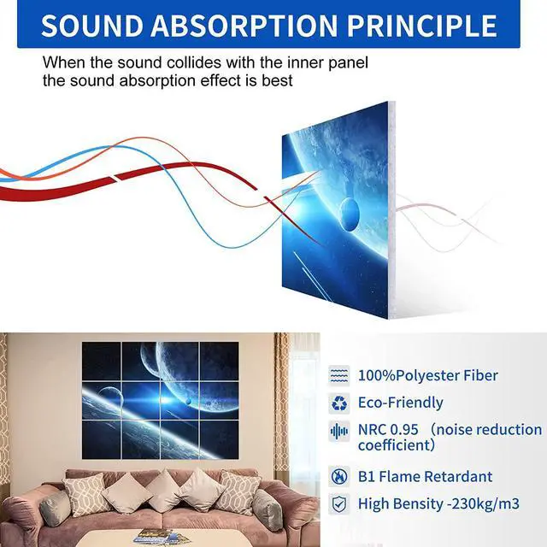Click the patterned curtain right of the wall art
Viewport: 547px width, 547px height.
[x=281, y=402]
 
